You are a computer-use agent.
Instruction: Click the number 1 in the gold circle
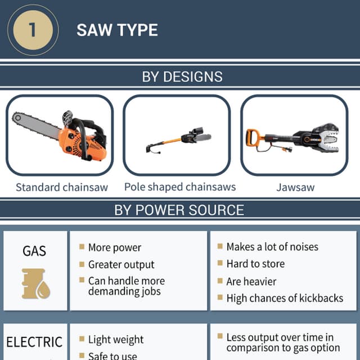[x=32, y=30]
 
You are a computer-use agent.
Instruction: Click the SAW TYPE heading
[x=117, y=30]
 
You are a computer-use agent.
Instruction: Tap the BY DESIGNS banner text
[x=182, y=76]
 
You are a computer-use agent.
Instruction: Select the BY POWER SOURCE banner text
[x=179, y=210]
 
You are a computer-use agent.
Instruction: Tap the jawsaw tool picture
[x=295, y=138]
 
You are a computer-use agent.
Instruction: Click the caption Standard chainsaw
[x=61, y=187]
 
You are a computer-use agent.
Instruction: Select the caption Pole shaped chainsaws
[x=180, y=187]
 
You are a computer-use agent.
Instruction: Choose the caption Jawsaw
[x=295, y=187]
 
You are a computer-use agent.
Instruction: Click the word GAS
[x=34, y=251]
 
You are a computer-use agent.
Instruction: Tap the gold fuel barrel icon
[x=35, y=283]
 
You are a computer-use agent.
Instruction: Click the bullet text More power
[x=115, y=247]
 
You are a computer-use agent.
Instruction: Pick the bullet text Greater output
[x=121, y=264]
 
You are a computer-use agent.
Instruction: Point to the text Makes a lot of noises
[x=272, y=247]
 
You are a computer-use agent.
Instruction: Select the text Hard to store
[x=255, y=264]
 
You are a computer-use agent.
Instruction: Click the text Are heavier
[x=251, y=281]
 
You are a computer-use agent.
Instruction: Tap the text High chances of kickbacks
[x=285, y=298]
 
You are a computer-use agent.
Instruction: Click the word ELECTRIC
[x=34, y=342]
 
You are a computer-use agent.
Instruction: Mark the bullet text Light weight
[x=116, y=340]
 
